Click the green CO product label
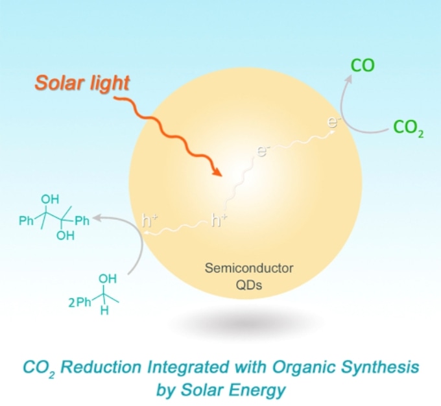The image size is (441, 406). point(363,66)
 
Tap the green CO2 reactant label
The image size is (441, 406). point(409,128)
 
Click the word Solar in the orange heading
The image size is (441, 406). point(60,83)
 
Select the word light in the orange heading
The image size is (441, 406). point(110,83)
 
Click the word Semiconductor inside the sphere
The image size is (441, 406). point(249,268)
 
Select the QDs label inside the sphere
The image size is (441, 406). point(249,285)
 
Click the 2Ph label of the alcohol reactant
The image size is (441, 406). point(80,302)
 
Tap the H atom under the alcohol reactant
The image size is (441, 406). point(104,311)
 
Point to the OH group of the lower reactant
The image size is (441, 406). point(108,278)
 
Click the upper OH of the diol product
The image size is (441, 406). point(50,199)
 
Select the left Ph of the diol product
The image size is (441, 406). point(26,221)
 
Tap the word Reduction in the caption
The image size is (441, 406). point(101,367)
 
